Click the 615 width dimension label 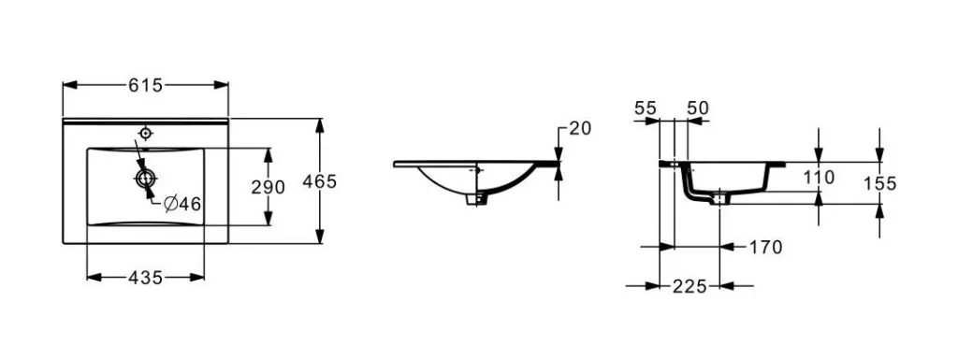145,85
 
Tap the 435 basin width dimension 145,278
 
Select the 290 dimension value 269,187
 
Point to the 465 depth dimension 320,181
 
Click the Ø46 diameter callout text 182,205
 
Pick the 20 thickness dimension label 580,129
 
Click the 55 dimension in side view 646,108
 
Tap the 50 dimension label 698,108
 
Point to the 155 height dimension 879,183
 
